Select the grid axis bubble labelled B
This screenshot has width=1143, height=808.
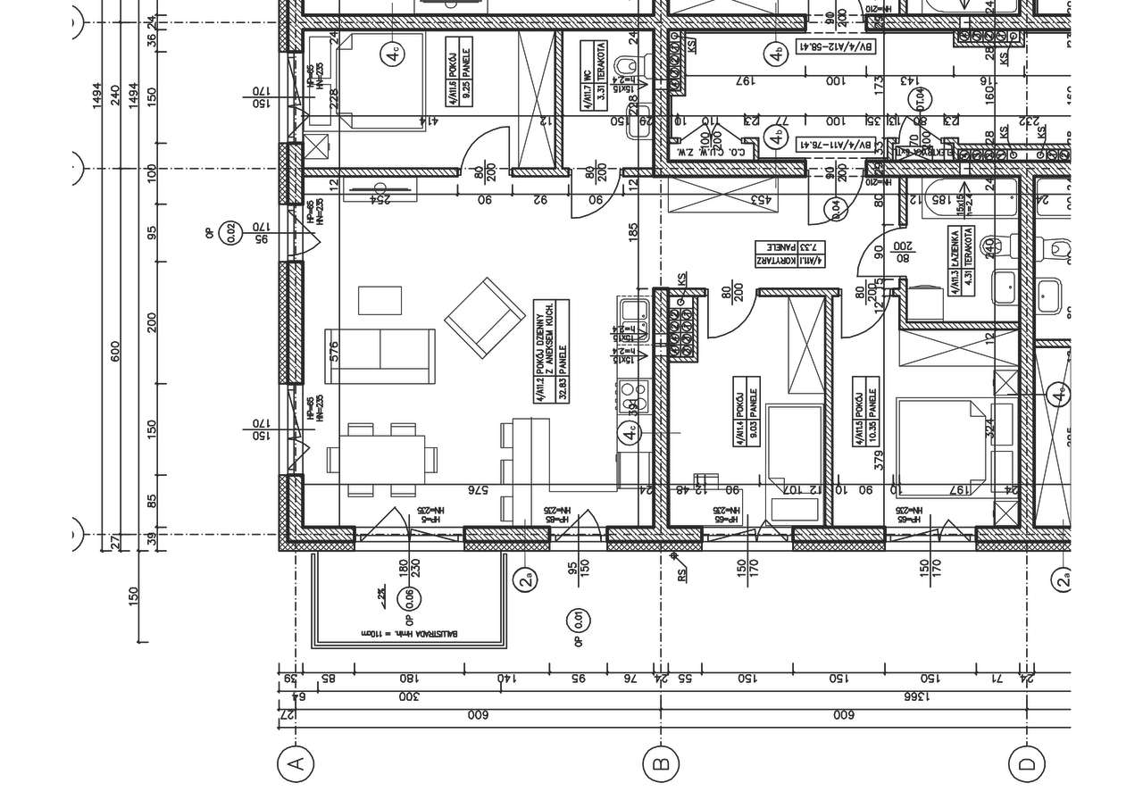661,763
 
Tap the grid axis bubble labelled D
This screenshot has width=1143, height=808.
1026,763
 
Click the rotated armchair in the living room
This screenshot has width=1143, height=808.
485,318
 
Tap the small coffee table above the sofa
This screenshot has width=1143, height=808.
380,300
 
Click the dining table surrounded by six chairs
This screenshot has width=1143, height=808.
381,460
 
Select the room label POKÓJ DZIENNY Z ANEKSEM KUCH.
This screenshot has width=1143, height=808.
550,350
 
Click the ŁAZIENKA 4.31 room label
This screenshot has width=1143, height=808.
963,259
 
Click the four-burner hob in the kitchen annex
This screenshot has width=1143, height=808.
633,389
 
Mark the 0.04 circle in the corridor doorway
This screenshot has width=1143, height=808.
837,209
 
